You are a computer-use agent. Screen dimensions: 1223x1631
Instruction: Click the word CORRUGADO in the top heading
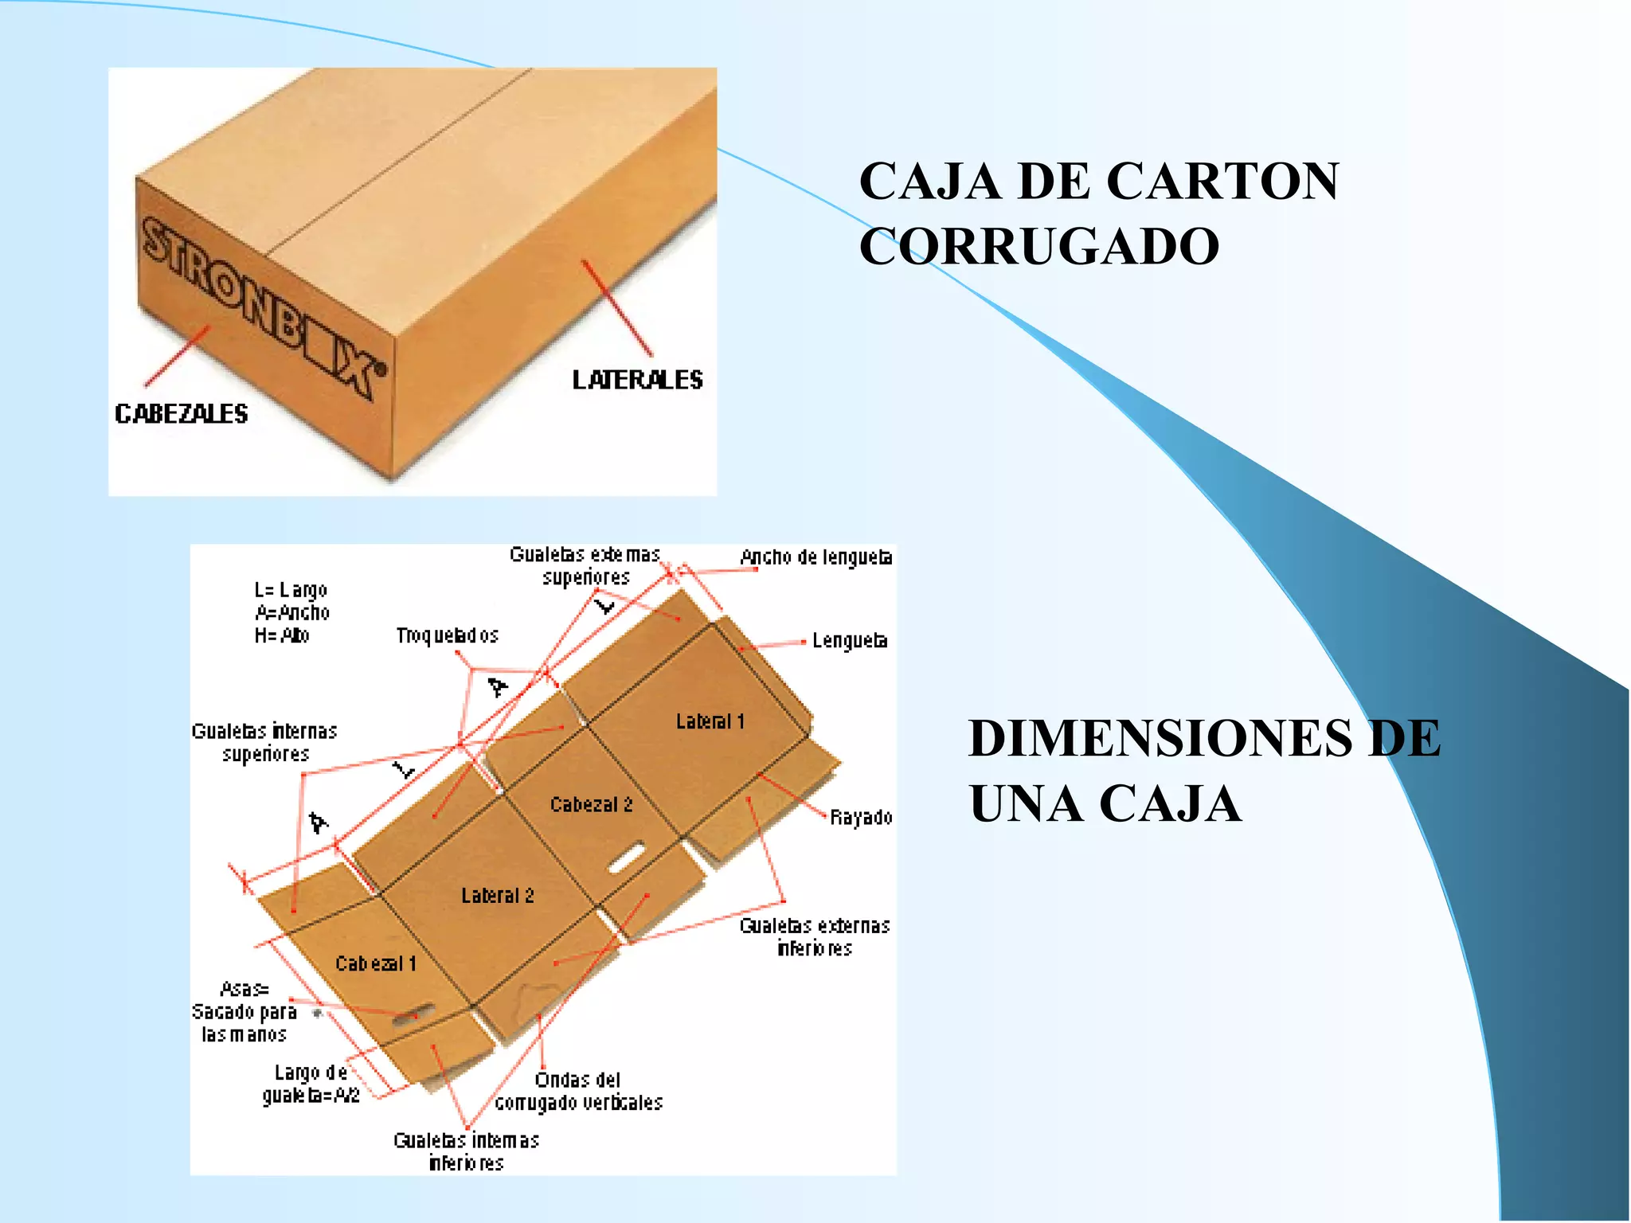click(1038, 246)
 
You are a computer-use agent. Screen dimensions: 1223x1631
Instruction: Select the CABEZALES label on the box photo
click(182, 414)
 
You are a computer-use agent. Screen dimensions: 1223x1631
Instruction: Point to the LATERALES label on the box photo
click(637, 380)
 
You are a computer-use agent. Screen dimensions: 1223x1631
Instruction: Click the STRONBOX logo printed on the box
click(263, 307)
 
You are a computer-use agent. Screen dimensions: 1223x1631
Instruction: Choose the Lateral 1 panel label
click(710, 721)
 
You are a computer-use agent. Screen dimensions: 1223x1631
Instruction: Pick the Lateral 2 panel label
click(498, 896)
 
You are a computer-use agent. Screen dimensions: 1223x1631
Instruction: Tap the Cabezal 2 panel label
click(591, 805)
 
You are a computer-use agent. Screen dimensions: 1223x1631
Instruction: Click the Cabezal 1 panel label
click(376, 964)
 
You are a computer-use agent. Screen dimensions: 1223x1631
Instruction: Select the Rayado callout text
click(861, 818)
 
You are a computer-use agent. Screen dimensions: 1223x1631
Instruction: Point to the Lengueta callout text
click(850, 641)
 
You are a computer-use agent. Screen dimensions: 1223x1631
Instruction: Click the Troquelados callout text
click(448, 635)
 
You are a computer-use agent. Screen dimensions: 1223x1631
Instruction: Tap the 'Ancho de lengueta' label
click(816, 557)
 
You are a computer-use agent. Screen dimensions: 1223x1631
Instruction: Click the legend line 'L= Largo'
click(291, 590)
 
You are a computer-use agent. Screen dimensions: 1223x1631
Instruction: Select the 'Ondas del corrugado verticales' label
click(579, 1092)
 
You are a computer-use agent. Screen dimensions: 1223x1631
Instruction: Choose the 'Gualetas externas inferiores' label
click(815, 937)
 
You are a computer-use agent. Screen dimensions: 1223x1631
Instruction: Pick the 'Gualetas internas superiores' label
click(264, 742)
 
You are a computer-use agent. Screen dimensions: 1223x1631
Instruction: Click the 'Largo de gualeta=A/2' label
click(311, 1084)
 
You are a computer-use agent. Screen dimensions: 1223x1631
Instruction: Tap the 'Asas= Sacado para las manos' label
click(244, 1012)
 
